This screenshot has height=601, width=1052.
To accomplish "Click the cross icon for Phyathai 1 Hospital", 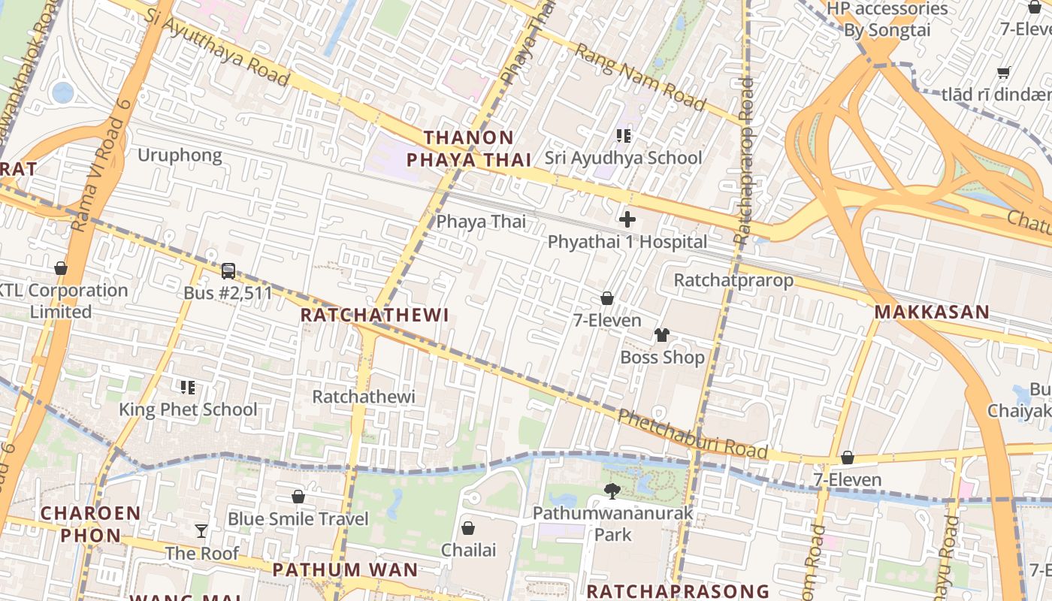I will [x=627, y=219].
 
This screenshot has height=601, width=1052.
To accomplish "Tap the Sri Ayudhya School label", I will [x=623, y=158].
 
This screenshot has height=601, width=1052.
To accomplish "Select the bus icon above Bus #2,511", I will [x=228, y=271].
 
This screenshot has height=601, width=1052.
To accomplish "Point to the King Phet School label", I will [x=188, y=409].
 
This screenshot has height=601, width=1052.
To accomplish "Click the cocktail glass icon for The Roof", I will [x=201, y=531].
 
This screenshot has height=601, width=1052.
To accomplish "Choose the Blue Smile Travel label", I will [x=298, y=519].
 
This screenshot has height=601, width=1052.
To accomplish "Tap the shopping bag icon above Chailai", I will [x=468, y=528].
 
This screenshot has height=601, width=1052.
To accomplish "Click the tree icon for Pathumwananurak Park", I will [x=612, y=491].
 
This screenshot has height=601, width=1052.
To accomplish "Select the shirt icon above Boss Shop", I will [x=662, y=335].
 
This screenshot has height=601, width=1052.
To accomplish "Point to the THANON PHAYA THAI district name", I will [x=469, y=149].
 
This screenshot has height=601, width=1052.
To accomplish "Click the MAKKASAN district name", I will [x=932, y=313].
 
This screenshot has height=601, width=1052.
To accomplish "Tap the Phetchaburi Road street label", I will [x=692, y=434].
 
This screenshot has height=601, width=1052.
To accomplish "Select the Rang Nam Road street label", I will [x=640, y=76].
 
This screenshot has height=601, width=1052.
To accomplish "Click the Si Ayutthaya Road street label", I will [x=218, y=47].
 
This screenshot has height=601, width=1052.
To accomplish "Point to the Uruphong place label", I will [x=180, y=156].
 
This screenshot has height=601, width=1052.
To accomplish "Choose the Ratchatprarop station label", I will [x=733, y=280].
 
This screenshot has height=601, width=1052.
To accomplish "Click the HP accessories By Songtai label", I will [x=887, y=20].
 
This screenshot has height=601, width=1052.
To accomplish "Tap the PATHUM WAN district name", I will [x=345, y=569].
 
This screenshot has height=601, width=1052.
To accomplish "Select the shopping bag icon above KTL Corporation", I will [x=61, y=269].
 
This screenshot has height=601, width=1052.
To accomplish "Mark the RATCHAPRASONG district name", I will [x=678, y=591].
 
